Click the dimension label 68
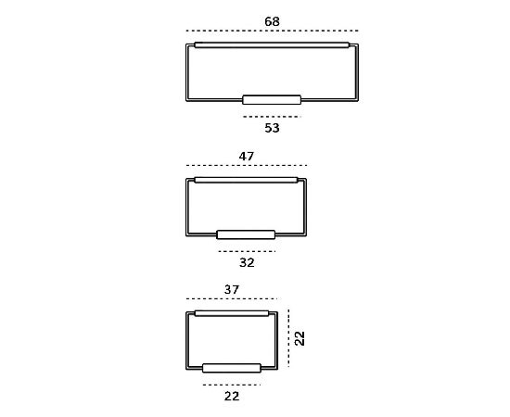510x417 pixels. [272, 21]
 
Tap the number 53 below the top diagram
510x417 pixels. [272, 128]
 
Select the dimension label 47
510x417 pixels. [247, 157]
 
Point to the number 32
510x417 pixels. [247, 262]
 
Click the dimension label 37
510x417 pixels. [232, 290]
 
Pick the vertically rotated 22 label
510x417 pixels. [300, 338]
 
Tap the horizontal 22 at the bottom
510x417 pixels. [232, 397]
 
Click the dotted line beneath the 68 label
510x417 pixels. [273, 31]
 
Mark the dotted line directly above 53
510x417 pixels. [272, 117]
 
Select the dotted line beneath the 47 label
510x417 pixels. [247, 166]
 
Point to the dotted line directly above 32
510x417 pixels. [247, 251]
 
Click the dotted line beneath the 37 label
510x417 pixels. [232, 298]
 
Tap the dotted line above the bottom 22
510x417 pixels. [232, 385]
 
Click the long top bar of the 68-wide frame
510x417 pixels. [272, 45]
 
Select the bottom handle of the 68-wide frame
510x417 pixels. [272, 100]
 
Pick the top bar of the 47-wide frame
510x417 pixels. [246, 180]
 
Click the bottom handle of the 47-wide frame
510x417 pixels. [246, 234]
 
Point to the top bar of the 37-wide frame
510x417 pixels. [232, 313]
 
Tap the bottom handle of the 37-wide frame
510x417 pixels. [232, 368]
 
